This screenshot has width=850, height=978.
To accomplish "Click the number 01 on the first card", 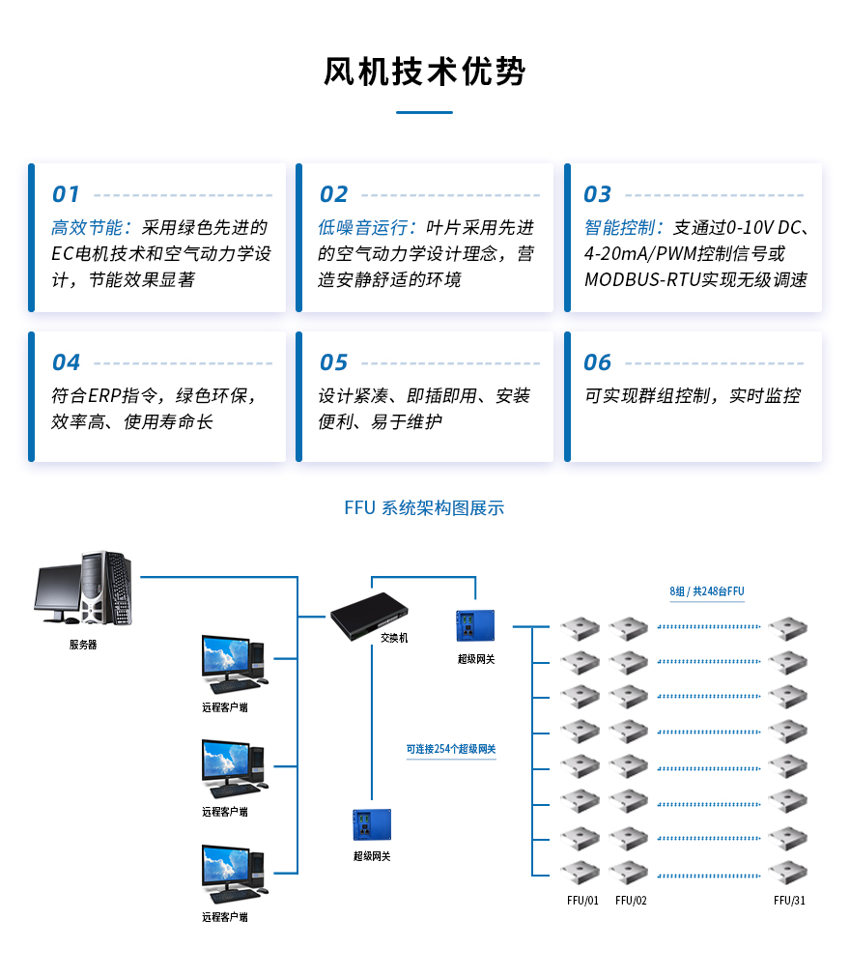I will (66, 194).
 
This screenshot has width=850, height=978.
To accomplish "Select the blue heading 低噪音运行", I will (356, 228).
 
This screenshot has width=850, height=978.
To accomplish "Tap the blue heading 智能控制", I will (623, 228).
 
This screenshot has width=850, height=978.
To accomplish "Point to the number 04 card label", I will (66, 362).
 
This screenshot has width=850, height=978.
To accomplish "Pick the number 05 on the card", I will (333, 362).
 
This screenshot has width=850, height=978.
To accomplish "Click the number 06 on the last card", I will (598, 362).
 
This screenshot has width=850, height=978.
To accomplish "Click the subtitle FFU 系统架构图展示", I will (424, 508).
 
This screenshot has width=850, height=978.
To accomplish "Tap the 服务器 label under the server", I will (83, 645).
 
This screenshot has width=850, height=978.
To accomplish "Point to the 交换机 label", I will (394, 638).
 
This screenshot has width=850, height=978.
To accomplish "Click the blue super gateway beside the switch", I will (475, 626).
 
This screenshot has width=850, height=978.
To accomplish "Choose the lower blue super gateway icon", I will (372, 825).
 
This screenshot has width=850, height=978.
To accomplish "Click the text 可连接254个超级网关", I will (451, 749).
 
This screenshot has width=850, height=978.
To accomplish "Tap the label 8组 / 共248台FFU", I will (707, 591).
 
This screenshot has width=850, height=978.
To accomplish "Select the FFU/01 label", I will (582, 901).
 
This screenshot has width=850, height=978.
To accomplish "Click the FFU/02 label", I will (631, 901).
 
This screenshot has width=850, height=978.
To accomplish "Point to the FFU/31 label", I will (789, 901).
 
